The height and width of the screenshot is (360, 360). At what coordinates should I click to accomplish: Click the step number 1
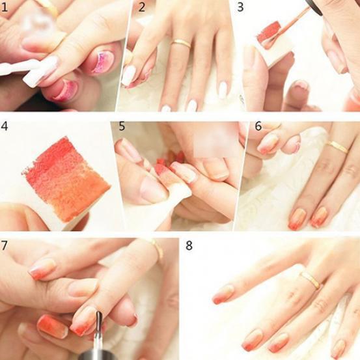(5, 7)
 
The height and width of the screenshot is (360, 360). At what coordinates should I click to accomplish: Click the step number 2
(142, 7)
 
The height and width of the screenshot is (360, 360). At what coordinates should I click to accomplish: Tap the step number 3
(240, 7)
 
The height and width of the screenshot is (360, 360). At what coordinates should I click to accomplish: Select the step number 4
(5, 126)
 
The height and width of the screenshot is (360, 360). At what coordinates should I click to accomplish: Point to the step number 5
(122, 126)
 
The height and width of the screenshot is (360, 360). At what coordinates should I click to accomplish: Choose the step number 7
(5, 245)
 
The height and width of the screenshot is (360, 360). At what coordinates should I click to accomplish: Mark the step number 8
(189, 245)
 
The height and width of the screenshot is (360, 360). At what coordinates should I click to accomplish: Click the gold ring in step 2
(181, 44)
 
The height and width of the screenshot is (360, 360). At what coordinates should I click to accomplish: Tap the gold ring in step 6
(338, 146)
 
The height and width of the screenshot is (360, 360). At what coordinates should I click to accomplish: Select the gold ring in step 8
(310, 281)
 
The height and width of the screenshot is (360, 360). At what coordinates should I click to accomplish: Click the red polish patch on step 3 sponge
(270, 33)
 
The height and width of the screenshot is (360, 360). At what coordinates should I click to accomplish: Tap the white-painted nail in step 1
(40, 72)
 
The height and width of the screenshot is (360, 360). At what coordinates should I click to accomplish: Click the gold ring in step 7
(156, 249)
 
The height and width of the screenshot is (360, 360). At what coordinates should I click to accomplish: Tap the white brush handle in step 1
(16, 66)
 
